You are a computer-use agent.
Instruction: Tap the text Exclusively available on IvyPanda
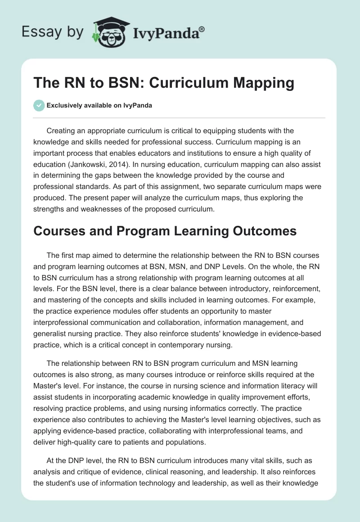99,105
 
